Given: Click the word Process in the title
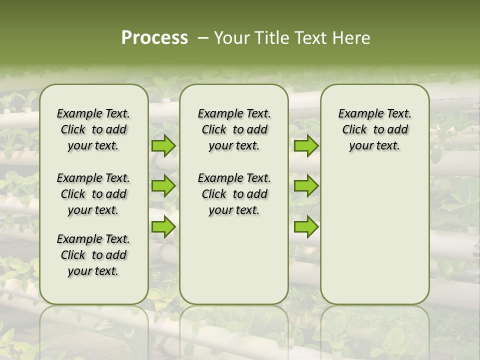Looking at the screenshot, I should (154, 38).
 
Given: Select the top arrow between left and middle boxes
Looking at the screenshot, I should (163, 146).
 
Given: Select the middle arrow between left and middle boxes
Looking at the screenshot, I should (163, 186).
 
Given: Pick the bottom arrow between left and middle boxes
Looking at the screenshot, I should (163, 226).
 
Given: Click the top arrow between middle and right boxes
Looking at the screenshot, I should (306, 146).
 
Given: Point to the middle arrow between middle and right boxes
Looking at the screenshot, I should (306, 186).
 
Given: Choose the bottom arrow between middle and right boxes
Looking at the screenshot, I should (306, 226).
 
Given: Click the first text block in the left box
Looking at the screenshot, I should (93, 129).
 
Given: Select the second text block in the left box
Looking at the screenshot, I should (93, 194).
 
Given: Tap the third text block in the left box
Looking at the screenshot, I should (93, 255).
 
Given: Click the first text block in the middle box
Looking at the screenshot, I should (234, 129).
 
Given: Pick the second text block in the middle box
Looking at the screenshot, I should (234, 194).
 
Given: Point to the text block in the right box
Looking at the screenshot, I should (374, 129).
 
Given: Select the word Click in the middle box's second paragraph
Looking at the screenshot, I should (214, 194).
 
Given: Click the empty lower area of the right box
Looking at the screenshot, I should (374, 235).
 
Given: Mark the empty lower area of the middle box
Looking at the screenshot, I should (234, 260).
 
